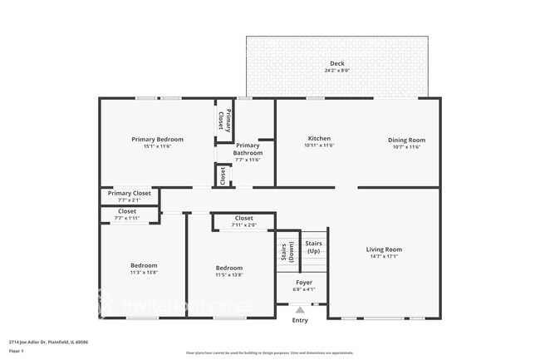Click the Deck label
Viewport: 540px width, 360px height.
click(x=336, y=63)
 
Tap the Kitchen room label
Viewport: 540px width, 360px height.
click(x=319, y=139)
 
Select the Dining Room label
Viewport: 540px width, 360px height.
click(x=406, y=140)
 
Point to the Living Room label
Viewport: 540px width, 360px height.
click(x=384, y=249)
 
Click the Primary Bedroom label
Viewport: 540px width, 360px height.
click(x=157, y=139)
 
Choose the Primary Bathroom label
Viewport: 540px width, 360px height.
click(x=248, y=150)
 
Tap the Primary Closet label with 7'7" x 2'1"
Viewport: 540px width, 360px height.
click(x=129, y=193)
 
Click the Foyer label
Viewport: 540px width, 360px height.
click(x=305, y=283)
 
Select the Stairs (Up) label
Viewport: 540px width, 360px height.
click(x=314, y=246)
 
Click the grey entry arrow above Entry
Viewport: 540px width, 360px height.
click(x=300, y=310)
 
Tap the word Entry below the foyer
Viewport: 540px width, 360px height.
click(x=300, y=320)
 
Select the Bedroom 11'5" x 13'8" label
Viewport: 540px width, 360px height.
click(x=229, y=268)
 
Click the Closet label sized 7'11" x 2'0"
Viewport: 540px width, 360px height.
click(x=243, y=218)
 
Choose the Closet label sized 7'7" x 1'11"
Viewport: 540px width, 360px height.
click(x=127, y=211)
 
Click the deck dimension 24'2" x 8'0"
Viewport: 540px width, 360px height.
click(x=336, y=71)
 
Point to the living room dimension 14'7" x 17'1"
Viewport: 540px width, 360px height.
click(x=384, y=257)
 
